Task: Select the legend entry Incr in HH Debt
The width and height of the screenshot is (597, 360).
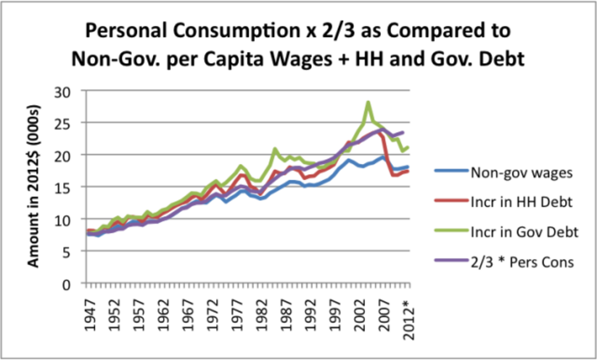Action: [x=519, y=203]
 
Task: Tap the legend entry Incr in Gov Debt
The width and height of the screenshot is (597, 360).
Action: [x=522, y=232]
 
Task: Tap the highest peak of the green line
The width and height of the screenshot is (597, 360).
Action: [x=368, y=103]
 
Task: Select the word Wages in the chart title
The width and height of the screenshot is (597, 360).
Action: [x=341, y=59]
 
